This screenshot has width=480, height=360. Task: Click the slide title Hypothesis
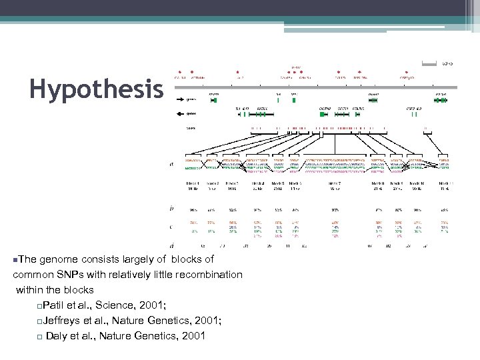point(96,89)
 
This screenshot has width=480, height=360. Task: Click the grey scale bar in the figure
point(429,64)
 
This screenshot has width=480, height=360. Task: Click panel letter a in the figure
point(173,164)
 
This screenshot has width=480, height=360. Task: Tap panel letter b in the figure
point(173,208)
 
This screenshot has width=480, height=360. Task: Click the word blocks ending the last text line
point(79,290)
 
